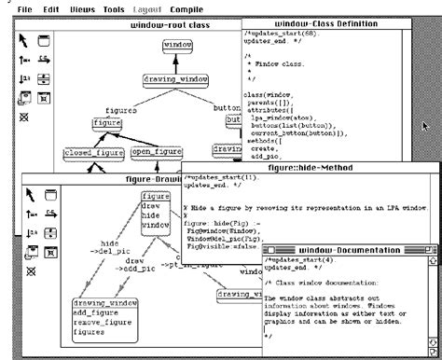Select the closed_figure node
click(94, 152)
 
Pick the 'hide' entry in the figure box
click(152, 215)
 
